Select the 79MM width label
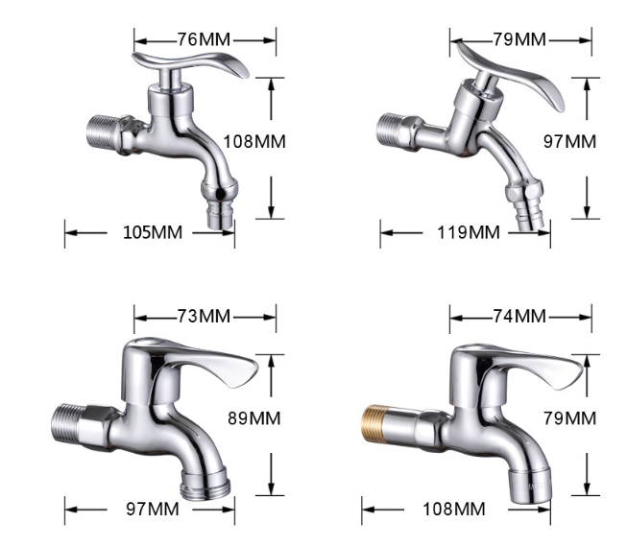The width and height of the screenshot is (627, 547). tap(518, 39)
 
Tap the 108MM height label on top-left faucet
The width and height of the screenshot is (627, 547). tap(254, 141)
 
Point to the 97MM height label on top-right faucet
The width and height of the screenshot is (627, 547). tap(569, 141)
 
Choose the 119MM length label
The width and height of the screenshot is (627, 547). tap(468, 232)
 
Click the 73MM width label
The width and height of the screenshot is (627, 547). tap(205, 316)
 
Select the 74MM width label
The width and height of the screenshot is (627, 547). tap(518, 316)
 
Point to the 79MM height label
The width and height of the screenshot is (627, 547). tap(569, 418)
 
